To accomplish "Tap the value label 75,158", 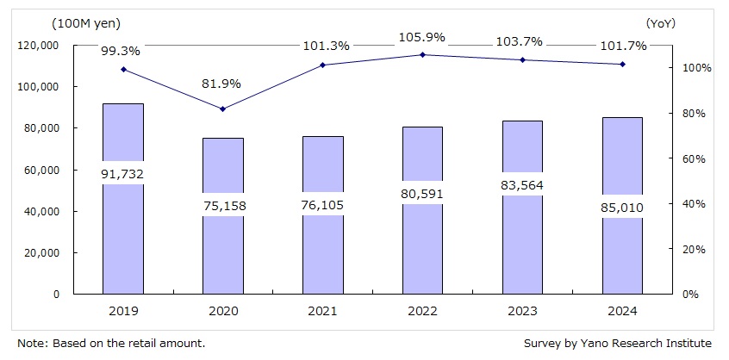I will pyautogui.click(x=223, y=204).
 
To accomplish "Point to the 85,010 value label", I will pyautogui.click(x=622, y=206).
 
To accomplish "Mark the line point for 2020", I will pyautogui.click(x=223, y=109).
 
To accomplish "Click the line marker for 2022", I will pyautogui.click(x=422, y=55).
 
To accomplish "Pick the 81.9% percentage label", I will pyautogui.click(x=223, y=84).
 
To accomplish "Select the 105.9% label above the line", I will pyautogui.click(x=422, y=37).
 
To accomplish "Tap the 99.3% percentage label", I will pyautogui.click(x=124, y=52).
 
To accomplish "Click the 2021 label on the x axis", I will pyautogui.click(x=323, y=310).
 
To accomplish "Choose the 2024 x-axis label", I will pyautogui.click(x=622, y=310).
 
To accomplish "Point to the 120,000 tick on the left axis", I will pyautogui.click(x=37, y=45).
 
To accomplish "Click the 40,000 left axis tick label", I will pyautogui.click(x=40, y=211).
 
